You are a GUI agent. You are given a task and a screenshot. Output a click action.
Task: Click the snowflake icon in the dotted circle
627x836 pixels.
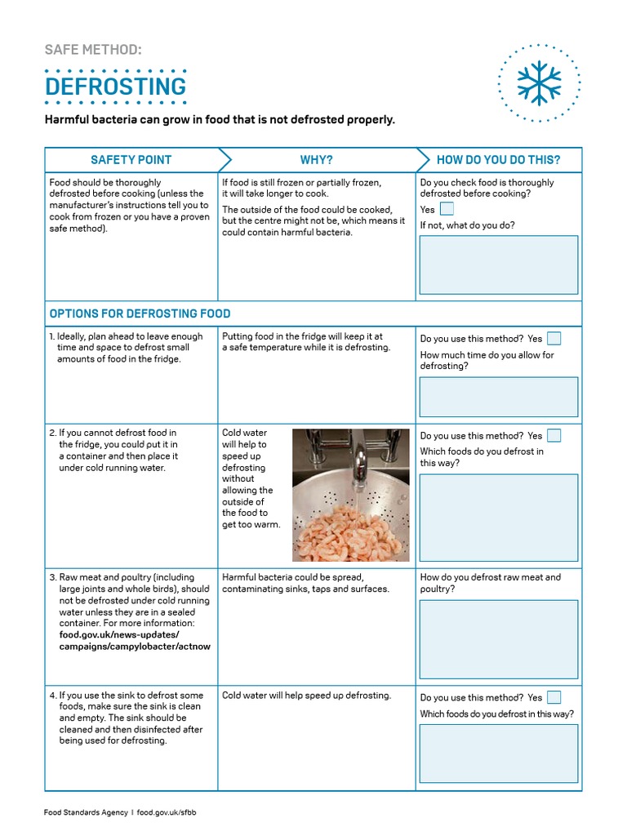coord(539,82)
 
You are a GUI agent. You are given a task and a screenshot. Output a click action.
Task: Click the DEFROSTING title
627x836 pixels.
coord(115,87)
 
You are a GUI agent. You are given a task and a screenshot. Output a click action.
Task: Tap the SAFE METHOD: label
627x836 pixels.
coord(93,50)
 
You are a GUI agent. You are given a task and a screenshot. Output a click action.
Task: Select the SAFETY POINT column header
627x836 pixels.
coord(131,160)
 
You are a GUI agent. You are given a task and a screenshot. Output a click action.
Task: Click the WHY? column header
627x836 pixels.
coord(316,160)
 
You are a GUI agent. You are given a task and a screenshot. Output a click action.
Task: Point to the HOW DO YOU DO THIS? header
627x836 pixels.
coord(498,160)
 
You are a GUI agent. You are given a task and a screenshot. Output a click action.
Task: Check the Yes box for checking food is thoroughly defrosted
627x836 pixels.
coord(447,209)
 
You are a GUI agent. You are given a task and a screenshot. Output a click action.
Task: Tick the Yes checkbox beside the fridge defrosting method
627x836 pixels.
coord(554,338)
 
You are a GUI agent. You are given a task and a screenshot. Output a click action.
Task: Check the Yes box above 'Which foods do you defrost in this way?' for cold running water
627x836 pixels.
coord(554,435)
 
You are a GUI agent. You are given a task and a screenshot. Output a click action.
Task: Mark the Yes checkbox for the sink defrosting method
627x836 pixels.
coord(554,697)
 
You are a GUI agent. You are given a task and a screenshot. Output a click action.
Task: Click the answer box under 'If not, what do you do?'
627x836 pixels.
coord(498,265)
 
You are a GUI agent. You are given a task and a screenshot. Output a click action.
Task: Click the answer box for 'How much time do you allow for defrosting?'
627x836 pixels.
coord(498,397)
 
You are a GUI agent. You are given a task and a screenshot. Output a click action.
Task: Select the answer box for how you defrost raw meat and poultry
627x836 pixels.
coord(498,639)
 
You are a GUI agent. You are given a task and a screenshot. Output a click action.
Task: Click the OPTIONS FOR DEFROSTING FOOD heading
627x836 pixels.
coord(140,313)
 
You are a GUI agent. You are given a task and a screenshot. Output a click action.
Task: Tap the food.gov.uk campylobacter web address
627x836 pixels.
coord(135,641)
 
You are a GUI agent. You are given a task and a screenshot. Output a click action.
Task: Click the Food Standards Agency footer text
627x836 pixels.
coord(85,813)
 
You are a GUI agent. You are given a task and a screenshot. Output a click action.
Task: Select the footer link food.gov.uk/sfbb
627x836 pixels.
coord(167,813)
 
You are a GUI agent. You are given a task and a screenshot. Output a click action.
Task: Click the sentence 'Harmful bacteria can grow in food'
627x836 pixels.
coord(220,120)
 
